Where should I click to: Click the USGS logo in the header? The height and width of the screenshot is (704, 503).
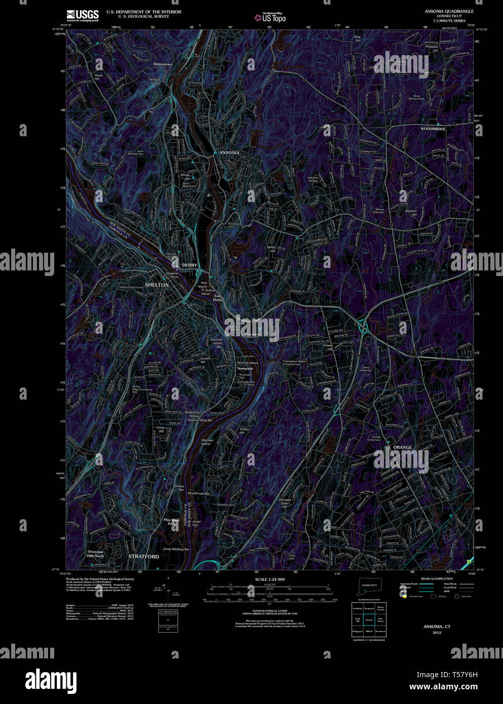82,15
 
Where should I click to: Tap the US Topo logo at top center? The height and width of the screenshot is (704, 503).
274,17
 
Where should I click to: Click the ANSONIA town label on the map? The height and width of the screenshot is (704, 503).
229,152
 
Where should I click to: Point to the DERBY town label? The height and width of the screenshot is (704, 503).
189,265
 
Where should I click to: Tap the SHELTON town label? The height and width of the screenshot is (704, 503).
157,285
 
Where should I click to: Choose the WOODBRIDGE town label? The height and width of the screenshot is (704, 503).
433,129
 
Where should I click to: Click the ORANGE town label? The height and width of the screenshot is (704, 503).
402,448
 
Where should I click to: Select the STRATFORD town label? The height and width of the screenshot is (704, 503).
143,556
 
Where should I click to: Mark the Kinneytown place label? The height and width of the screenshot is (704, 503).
163,64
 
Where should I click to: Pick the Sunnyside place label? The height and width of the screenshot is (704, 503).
245,368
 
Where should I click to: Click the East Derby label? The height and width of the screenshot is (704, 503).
217,297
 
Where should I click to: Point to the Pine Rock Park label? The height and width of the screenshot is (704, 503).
171,522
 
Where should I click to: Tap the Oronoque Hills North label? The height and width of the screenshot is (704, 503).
95,554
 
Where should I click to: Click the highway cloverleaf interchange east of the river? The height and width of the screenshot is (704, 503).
362,326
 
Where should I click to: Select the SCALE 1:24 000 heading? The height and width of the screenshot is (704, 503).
270,579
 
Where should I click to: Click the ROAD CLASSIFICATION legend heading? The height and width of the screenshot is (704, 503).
437,578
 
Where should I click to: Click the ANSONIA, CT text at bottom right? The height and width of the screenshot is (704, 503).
437,627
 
